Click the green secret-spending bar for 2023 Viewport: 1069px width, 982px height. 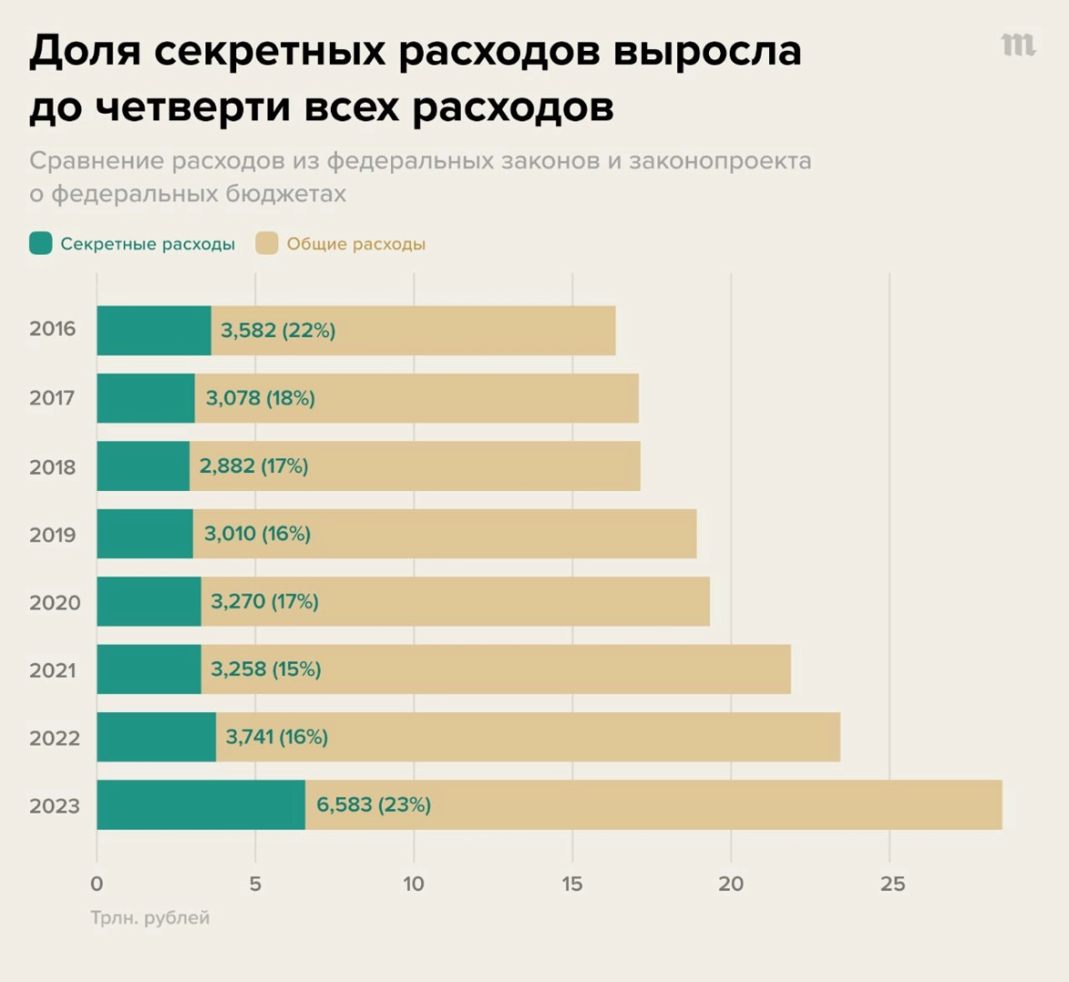(x=201, y=805)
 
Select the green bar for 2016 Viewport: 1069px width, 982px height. (x=154, y=331)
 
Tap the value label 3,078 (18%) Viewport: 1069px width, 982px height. (x=260, y=398)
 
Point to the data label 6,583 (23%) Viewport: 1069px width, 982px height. (x=374, y=805)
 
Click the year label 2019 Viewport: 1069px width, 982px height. (x=53, y=535)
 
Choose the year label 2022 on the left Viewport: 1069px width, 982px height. (x=55, y=738)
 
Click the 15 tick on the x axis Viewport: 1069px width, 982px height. (x=572, y=884)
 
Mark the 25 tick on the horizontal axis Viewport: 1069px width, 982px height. (x=892, y=884)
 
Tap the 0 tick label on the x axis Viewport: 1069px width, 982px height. (x=97, y=884)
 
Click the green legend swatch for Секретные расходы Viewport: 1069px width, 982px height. (x=41, y=244)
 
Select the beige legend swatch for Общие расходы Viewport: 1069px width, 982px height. (x=266, y=244)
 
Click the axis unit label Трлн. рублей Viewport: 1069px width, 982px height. (x=150, y=918)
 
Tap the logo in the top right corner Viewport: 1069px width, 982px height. (x=1018, y=44)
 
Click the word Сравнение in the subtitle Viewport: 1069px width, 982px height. (x=95, y=161)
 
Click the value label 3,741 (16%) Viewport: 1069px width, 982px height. (x=276, y=736)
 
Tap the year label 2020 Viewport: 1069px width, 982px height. (x=55, y=603)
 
